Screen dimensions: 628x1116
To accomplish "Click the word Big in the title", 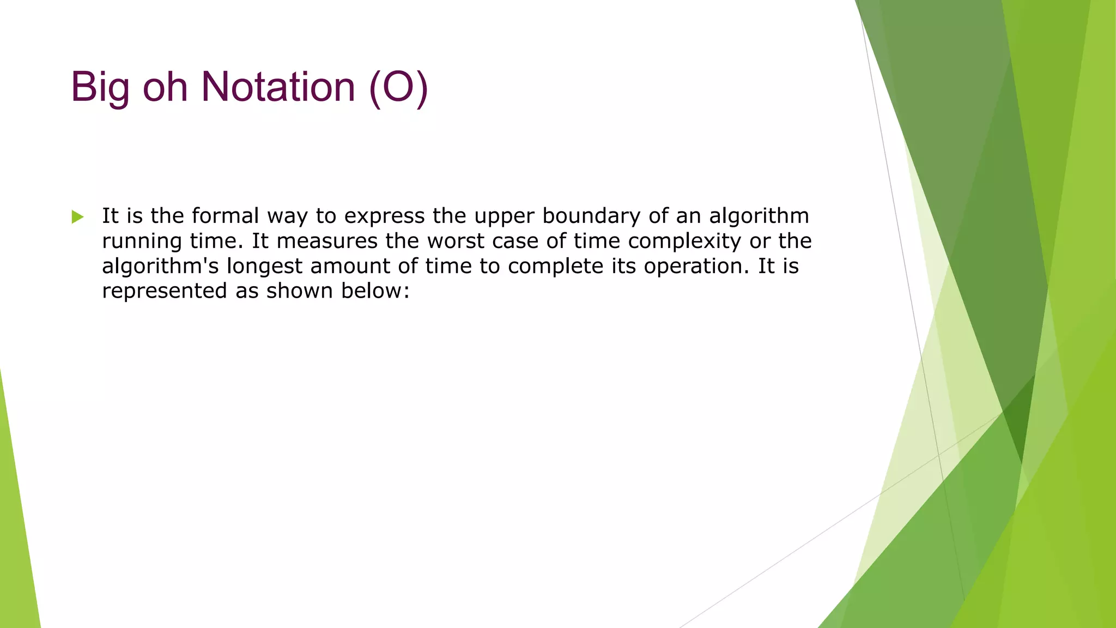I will (x=100, y=87).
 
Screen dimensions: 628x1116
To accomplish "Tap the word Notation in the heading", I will (x=278, y=87).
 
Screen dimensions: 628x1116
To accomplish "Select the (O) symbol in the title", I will (x=398, y=87).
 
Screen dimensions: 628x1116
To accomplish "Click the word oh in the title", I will (x=165, y=87).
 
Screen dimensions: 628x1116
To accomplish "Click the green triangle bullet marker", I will (x=77, y=217).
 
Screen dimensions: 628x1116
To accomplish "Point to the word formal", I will (x=225, y=216).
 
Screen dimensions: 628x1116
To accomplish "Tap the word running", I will (x=142, y=241).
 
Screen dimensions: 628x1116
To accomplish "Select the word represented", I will (x=164, y=291).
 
